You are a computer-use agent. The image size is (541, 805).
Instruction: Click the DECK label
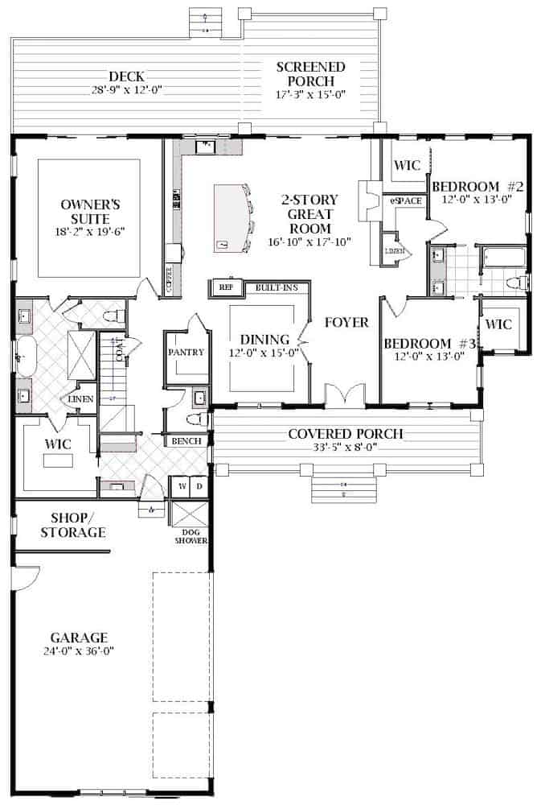127,77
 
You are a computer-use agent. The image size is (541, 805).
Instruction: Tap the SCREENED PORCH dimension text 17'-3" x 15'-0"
309,94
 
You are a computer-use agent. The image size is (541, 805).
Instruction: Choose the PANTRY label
185,353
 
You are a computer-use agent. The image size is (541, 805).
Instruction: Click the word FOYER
346,323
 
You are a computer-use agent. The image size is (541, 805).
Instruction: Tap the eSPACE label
406,200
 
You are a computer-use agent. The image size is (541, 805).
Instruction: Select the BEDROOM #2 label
477,187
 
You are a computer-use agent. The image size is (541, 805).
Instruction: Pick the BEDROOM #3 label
430,344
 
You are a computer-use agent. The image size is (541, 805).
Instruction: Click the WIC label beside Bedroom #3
499,325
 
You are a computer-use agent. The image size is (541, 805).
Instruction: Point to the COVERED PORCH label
346,435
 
